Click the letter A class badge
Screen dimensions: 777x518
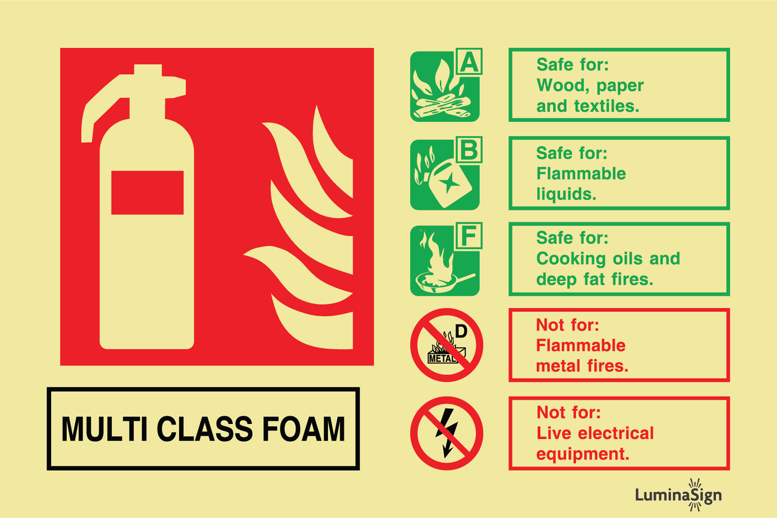(x=469, y=62)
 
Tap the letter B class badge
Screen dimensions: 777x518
(x=469, y=150)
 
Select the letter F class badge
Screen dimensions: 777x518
(x=469, y=236)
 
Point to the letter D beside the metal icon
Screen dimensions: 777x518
(x=461, y=332)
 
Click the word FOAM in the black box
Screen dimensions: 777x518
(x=303, y=429)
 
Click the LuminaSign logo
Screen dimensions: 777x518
(x=678, y=495)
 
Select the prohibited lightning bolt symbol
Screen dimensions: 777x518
(x=447, y=433)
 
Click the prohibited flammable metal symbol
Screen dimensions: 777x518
(x=447, y=345)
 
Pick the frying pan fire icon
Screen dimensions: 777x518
(x=445, y=261)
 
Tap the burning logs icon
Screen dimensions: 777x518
(x=445, y=87)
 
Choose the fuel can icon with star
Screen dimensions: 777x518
(x=445, y=175)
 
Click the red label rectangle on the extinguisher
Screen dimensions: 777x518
(x=147, y=192)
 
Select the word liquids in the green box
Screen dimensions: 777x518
(x=566, y=194)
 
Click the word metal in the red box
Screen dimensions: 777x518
(x=558, y=366)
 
